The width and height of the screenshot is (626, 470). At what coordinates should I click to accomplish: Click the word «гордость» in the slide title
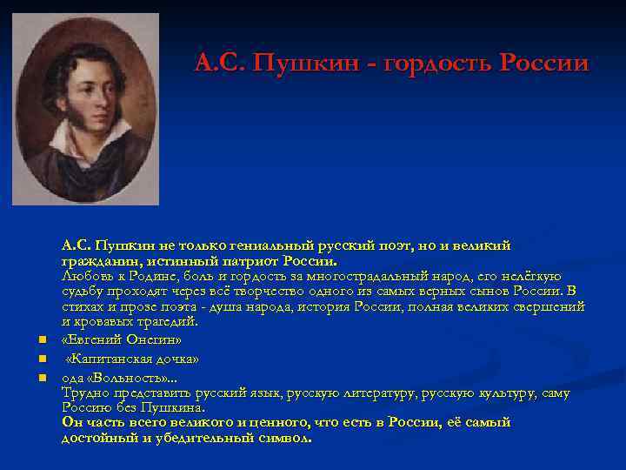436,64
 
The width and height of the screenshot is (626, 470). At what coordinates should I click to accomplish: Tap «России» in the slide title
543,64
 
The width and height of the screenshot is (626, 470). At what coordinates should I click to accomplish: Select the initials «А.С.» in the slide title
216,64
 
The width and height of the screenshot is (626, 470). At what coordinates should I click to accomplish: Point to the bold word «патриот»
259,261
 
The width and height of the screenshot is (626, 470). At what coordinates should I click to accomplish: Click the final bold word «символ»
282,438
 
